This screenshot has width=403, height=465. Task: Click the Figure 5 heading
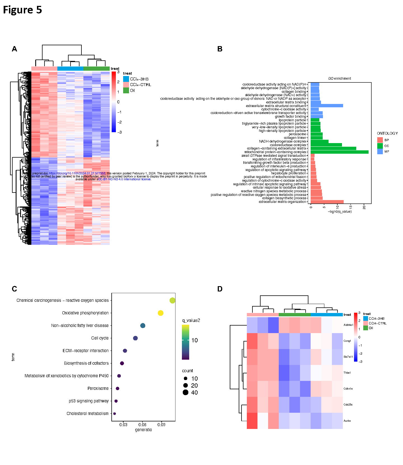22,10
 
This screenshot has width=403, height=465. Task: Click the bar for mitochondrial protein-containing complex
339,152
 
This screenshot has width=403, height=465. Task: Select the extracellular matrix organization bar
327,202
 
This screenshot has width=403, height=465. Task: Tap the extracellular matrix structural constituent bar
327,106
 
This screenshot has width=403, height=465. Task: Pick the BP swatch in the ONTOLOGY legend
380,140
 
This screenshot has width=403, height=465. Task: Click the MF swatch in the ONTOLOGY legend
380,151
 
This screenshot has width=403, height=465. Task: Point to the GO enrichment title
339,79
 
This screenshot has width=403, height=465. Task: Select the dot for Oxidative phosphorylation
160,313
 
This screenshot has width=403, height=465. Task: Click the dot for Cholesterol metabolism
114,414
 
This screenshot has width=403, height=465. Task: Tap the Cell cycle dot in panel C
135,338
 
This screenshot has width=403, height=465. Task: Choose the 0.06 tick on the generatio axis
142,424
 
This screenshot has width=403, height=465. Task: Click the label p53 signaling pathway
88,401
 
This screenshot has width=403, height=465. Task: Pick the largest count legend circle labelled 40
186,392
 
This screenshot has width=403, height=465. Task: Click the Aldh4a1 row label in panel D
348,325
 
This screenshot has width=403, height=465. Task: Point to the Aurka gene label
347,421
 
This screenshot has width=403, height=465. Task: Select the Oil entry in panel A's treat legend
132,91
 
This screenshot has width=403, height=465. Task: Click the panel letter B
220,49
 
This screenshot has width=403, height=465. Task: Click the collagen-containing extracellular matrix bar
333,148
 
